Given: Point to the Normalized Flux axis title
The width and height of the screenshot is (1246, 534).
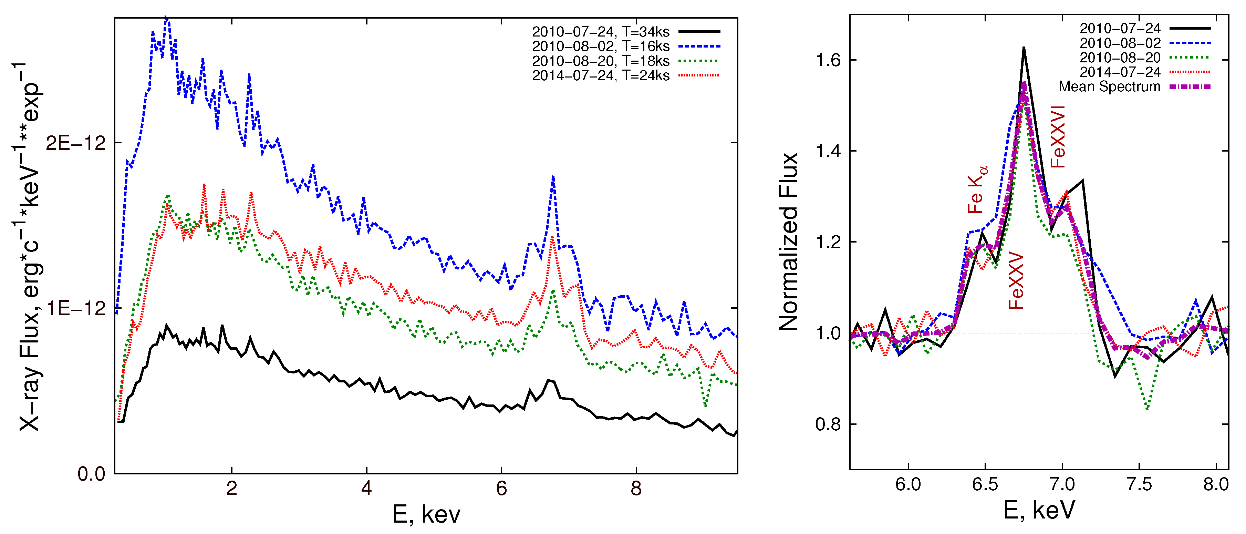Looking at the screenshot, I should tap(788, 242).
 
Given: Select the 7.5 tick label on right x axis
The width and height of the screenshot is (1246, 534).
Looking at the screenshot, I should tap(1139, 484).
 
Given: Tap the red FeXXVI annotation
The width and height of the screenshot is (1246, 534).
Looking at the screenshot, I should tap(1058, 137).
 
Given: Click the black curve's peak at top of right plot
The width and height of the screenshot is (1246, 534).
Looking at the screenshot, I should tap(1024, 48).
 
